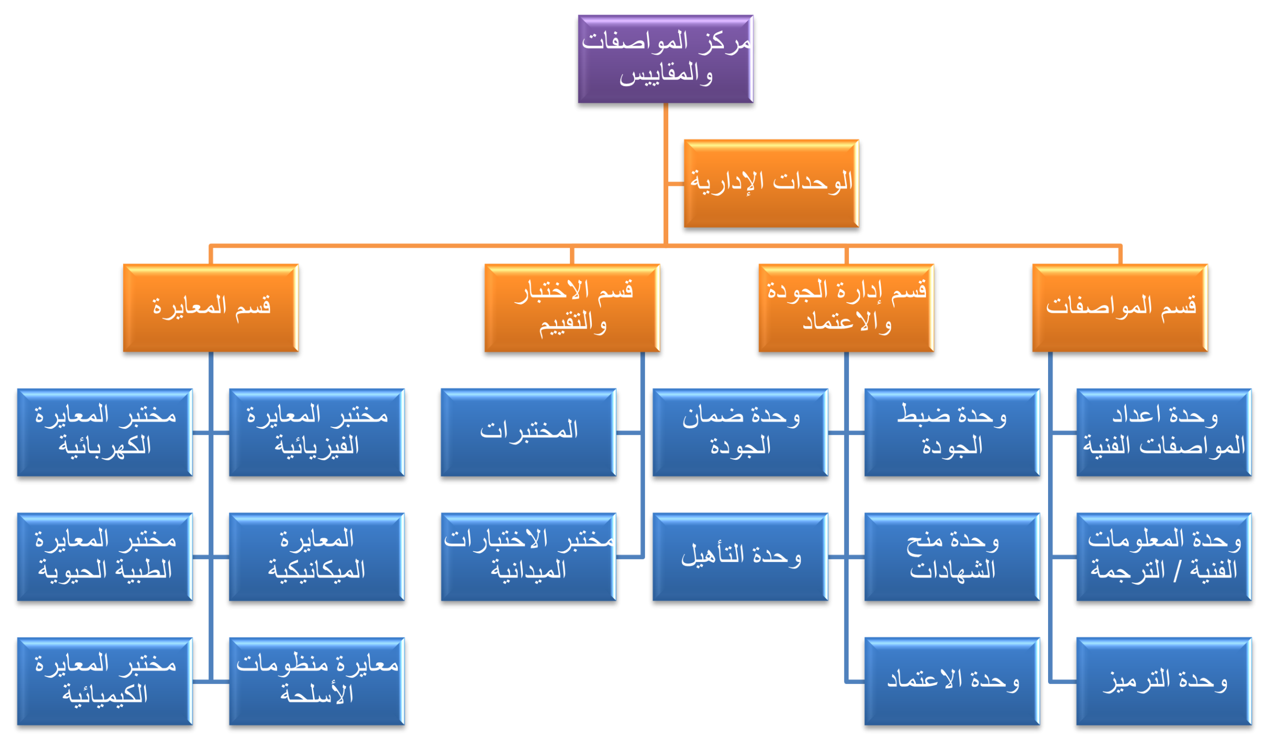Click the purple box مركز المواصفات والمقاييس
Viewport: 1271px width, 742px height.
click(x=665, y=59)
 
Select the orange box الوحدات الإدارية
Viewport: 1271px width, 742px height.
click(x=771, y=183)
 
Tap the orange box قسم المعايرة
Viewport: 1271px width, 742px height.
click(x=211, y=308)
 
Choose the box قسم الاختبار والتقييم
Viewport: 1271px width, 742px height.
click(x=572, y=308)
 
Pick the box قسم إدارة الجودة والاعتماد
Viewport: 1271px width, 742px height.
click(x=846, y=308)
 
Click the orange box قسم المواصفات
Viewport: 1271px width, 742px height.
click(x=1120, y=308)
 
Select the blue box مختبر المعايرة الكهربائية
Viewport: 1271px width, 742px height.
click(x=105, y=432)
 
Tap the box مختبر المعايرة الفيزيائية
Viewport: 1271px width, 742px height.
click(x=317, y=432)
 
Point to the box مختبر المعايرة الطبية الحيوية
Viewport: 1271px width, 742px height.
click(x=105, y=557)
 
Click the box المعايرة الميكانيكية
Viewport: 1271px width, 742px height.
click(x=317, y=557)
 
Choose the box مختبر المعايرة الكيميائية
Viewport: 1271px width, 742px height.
click(x=105, y=681)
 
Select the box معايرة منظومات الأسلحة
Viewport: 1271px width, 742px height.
click(x=317, y=681)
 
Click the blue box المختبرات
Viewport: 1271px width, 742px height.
click(x=528, y=432)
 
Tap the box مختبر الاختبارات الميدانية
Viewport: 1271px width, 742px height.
click(x=528, y=557)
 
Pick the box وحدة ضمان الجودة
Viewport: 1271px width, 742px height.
click(x=740, y=432)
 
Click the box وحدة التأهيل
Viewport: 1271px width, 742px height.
click(x=740, y=557)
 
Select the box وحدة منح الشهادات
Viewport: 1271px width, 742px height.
click(x=952, y=557)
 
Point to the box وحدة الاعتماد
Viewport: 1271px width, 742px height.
click(x=952, y=681)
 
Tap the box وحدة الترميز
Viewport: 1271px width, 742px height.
click(x=1164, y=681)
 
